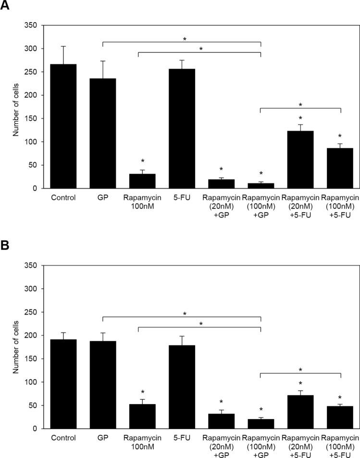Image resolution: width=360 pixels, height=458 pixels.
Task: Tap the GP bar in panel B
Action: (102, 384)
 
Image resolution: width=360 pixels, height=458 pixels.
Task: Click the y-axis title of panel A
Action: (15, 107)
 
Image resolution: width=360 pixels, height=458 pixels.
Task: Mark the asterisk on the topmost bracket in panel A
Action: (185, 39)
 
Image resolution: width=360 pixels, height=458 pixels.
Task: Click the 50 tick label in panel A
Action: (32, 165)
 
